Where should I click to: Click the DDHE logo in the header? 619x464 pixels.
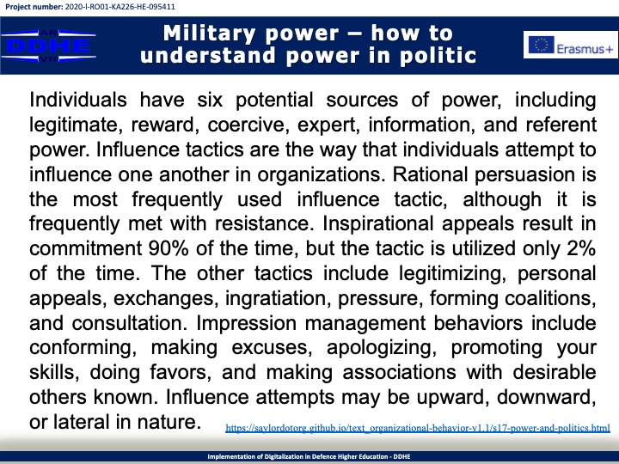(48, 46)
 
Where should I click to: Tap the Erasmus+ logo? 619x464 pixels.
(571, 45)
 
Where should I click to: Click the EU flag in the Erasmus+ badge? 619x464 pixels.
(542, 45)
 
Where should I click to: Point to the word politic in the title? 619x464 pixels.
(438, 55)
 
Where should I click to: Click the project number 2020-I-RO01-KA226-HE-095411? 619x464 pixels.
(120, 7)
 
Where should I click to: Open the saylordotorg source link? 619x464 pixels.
(418, 428)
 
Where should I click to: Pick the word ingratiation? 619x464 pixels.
(278, 299)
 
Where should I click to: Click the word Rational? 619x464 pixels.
(430, 174)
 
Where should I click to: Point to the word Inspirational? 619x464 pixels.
(378, 224)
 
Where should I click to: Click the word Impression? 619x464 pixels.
(247, 324)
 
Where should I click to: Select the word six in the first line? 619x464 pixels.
(210, 100)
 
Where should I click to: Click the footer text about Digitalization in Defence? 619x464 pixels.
(309, 456)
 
